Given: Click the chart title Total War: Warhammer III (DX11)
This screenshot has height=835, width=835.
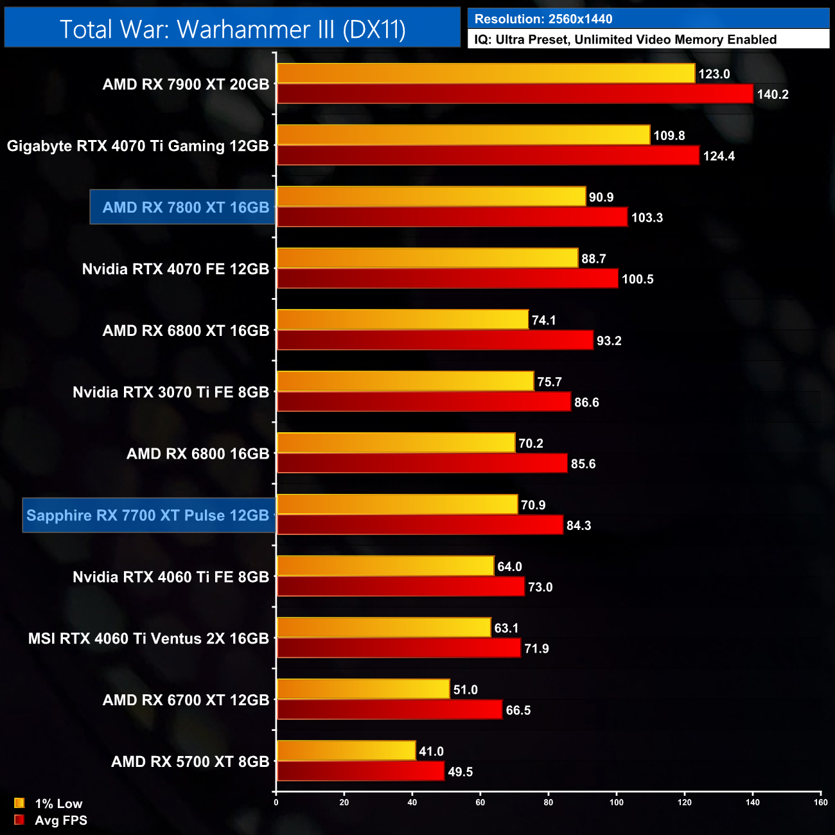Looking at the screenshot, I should [233, 30].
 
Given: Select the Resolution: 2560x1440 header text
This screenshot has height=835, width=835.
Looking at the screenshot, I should [543, 19].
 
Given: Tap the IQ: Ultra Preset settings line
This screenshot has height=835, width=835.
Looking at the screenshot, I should [625, 40].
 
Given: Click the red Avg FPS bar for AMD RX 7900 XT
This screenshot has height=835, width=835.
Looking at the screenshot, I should [514, 94].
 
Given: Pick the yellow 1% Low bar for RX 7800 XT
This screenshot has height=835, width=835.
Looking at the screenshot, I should [431, 197].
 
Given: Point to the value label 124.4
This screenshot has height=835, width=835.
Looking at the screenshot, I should [719, 156].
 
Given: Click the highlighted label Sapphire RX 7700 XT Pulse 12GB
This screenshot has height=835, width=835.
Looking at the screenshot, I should [148, 515].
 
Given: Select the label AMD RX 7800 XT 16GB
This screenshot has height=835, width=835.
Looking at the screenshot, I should [186, 207].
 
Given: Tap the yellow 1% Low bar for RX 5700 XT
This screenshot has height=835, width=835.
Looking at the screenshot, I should [346, 751].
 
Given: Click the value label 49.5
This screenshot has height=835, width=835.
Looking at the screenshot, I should [460, 772].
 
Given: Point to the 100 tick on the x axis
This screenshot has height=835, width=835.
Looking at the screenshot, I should [617, 802].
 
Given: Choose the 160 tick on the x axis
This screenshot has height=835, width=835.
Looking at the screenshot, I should [821, 802].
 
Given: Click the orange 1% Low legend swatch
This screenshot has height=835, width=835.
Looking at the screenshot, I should [19, 803].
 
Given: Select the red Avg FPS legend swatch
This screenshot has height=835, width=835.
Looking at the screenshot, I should [19, 820].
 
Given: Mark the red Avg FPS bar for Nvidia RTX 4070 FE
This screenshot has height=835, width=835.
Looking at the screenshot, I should [447, 279].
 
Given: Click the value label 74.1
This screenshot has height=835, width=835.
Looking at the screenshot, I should [544, 321].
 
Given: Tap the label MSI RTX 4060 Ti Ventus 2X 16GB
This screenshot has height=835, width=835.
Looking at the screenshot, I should [148, 638].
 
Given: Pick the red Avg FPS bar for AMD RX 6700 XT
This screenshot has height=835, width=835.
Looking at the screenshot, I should [389, 710].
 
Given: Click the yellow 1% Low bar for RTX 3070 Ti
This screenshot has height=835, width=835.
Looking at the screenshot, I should [405, 382].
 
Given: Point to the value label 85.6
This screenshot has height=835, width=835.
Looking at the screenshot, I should [583, 464].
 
